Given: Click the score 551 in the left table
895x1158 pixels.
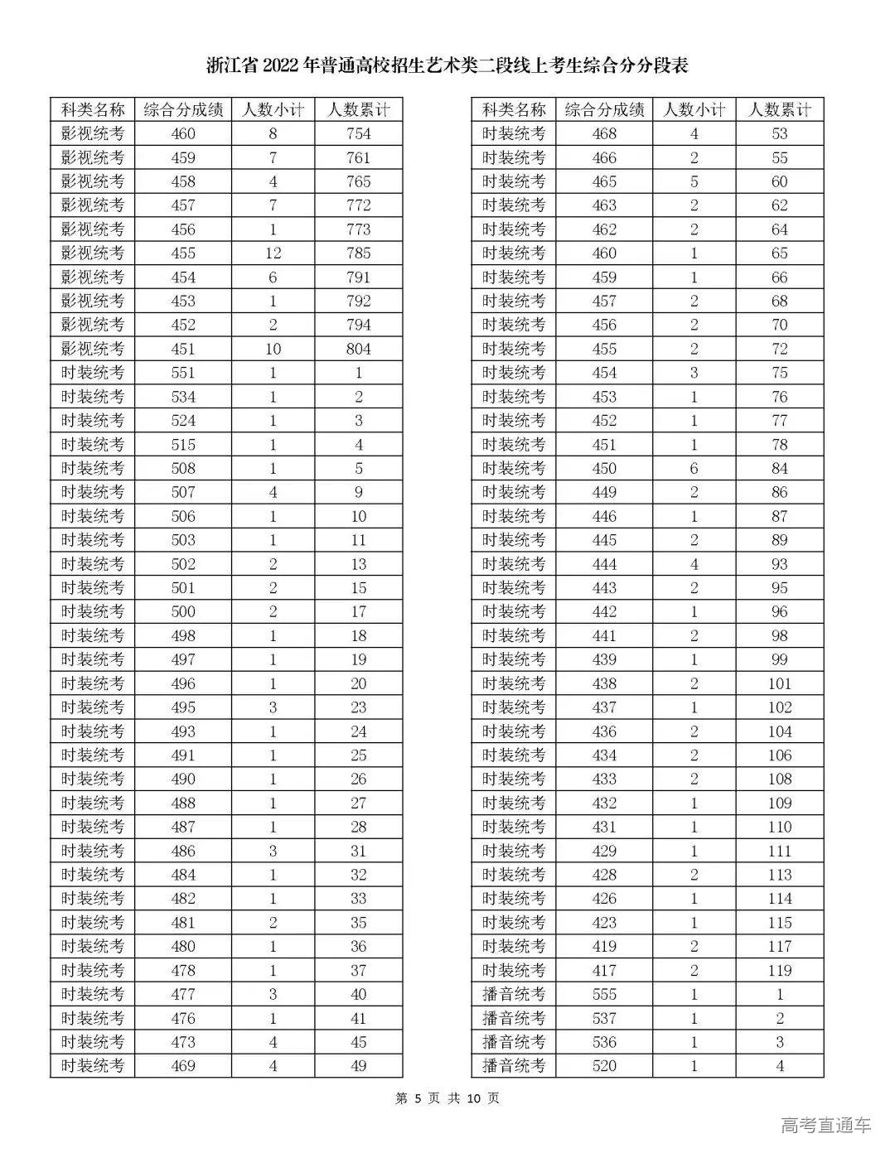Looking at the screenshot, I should click(x=182, y=373).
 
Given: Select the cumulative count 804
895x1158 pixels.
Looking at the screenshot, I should click(x=358, y=349).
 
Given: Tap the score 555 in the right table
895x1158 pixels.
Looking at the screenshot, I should click(x=604, y=994).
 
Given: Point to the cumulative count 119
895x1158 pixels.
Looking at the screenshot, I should click(x=779, y=970).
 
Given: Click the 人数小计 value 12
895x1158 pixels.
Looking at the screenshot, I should click(x=273, y=253).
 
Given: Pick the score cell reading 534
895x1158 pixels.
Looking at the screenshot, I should click(x=182, y=397).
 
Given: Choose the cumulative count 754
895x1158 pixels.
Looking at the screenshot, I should click(x=358, y=134).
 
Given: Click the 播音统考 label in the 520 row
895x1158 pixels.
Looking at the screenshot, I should click(x=514, y=1066).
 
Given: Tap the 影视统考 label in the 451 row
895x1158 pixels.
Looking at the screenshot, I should click(x=93, y=349).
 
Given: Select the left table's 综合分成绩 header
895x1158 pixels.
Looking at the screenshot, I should click(x=182, y=110).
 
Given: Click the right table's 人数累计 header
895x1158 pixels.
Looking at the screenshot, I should click(x=779, y=110).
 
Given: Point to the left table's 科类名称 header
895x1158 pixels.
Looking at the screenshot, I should click(x=93, y=110).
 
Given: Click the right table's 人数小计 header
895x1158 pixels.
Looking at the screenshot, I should click(x=694, y=110).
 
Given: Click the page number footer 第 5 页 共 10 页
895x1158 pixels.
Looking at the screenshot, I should click(x=447, y=1098).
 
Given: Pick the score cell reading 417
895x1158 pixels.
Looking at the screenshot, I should click(x=604, y=970).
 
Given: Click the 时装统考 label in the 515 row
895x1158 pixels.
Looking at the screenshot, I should click(x=93, y=445).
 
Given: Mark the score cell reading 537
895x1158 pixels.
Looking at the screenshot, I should click(x=604, y=1018).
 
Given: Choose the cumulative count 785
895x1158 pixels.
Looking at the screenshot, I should click(x=358, y=253).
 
